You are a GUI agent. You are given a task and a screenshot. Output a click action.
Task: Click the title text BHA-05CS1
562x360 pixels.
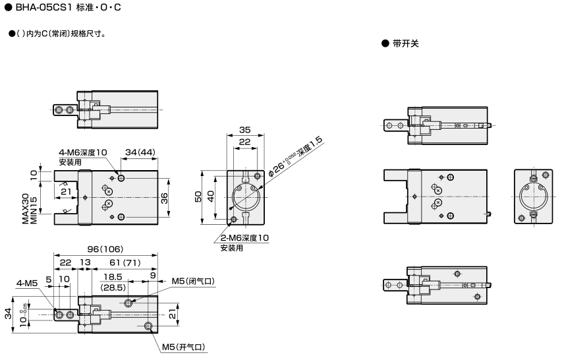point(42,8)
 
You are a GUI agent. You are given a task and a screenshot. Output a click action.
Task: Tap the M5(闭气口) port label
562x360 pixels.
point(194,282)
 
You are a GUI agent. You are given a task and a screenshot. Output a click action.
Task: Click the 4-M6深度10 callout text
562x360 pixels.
point(82,152)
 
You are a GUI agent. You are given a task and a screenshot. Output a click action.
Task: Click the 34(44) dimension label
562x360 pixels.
point(140,152)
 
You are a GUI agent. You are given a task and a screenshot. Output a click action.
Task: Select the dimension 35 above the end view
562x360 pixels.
point(244,130)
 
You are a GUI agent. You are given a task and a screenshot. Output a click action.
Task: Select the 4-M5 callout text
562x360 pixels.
point(28,284)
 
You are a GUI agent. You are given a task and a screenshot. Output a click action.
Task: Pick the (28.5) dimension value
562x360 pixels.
point(113,288)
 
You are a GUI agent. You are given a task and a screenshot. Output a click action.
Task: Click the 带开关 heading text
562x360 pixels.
point(405,44)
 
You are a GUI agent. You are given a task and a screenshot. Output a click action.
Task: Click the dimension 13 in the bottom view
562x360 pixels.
point(85,262)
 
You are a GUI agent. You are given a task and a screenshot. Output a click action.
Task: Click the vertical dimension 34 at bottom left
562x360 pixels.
point(9,313)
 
